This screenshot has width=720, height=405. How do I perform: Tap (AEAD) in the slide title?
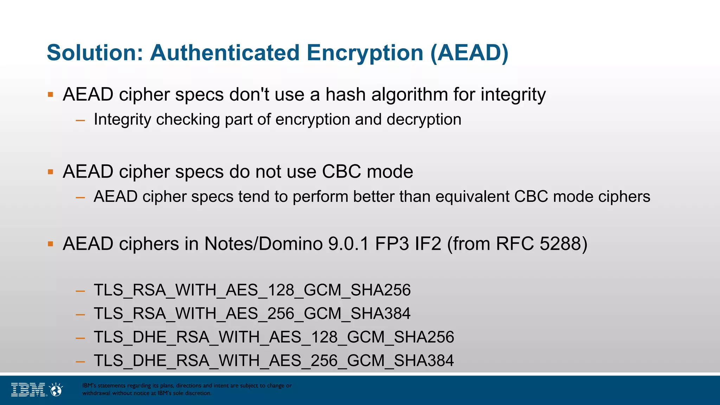pyautogui.click(x=469, y=53)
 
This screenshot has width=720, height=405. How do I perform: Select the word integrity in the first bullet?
pyautogui.click(x=513, y=95)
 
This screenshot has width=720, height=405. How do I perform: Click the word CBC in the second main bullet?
pyautogui.click(x=341, y=172)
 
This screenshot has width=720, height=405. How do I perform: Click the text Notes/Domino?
pyautogui.click(x=263, y=244)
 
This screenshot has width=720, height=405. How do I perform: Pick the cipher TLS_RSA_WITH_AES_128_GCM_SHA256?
pyautogui.click(x=252, y=290)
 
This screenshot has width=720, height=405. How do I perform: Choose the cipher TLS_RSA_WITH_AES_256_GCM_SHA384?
pyautogui.click(x=252, y=314)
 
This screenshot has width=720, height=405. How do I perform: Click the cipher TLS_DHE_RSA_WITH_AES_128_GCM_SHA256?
pyautogui.click(x=274, y=337)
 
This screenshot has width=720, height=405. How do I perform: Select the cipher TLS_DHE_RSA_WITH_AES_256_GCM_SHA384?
pyautogui.click(x=274, y=361)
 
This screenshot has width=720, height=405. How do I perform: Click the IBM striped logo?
pyautogui.click(x=28, y=390)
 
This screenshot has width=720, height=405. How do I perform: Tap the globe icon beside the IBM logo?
pyautogui.click(x=56, y=390)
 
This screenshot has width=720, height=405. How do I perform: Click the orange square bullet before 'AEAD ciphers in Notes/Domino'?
pyautogui.click(x=51, y=244)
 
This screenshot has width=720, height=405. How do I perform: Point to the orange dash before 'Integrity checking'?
pyautogui.click(x=81, y=120)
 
